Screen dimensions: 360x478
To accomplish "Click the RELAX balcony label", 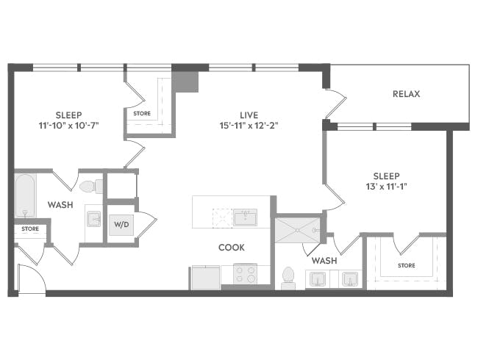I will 407,94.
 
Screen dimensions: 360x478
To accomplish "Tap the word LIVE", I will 248,115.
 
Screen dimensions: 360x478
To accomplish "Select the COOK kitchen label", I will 231,248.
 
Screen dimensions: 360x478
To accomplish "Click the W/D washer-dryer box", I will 121,225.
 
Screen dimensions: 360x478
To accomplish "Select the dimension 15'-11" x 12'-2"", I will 248,125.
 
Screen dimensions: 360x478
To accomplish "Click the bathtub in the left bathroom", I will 25,195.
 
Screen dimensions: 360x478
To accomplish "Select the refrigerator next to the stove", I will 205,277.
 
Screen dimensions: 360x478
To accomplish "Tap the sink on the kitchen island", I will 245,217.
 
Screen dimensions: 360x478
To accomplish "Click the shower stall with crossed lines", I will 297,230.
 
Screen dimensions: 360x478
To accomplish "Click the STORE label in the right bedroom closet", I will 406,265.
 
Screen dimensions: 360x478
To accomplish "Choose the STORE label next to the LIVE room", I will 141,113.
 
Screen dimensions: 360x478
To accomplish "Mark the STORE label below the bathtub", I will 30,229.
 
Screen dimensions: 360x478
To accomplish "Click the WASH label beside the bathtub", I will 60,205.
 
